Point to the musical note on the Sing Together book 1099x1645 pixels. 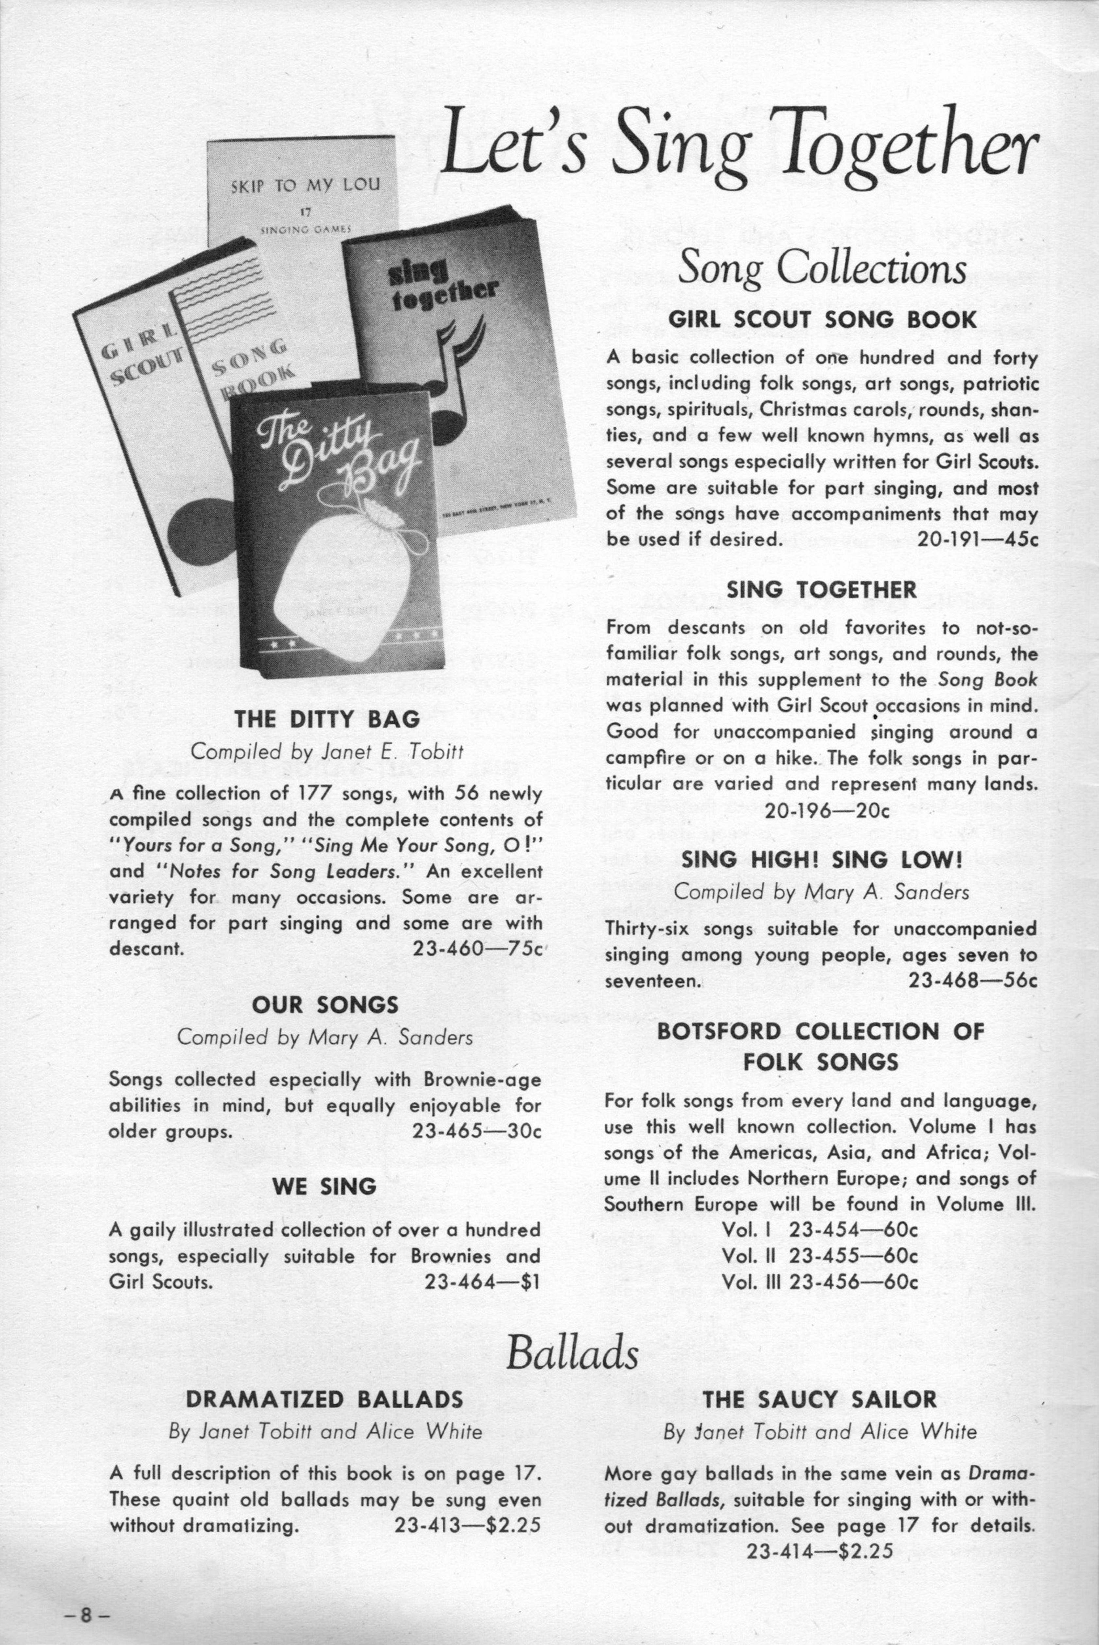[455, 379]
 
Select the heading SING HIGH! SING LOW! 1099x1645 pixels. [822, 860]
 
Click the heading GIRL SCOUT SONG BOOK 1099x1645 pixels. [822, 320]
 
